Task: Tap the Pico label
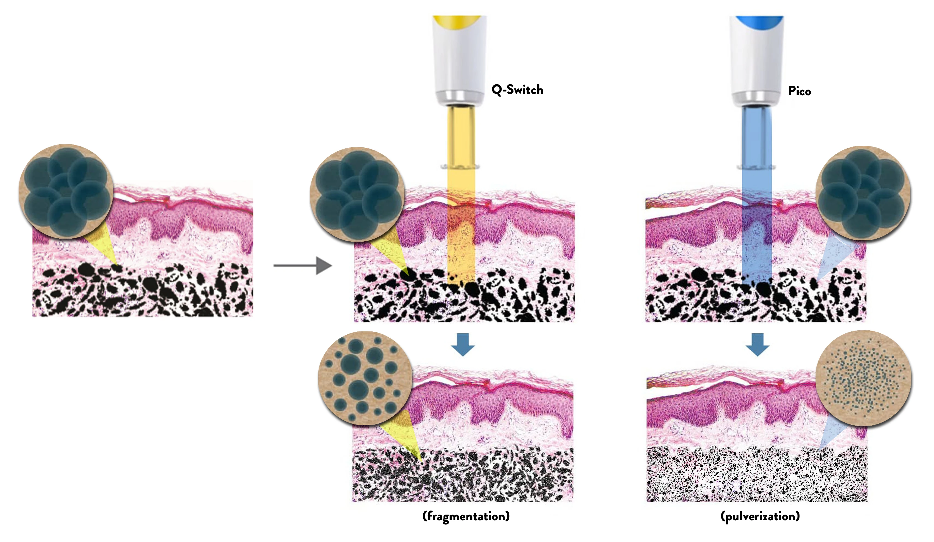(799, 91)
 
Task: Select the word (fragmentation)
(466, 516)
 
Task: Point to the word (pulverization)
(760, 516)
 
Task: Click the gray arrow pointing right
(303, 266)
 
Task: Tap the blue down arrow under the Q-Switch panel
(463, 344)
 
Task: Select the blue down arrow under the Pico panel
(757, 344)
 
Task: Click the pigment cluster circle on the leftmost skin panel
(66, 191)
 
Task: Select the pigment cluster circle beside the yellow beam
(357, 195)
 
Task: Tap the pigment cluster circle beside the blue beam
(863, 193)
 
